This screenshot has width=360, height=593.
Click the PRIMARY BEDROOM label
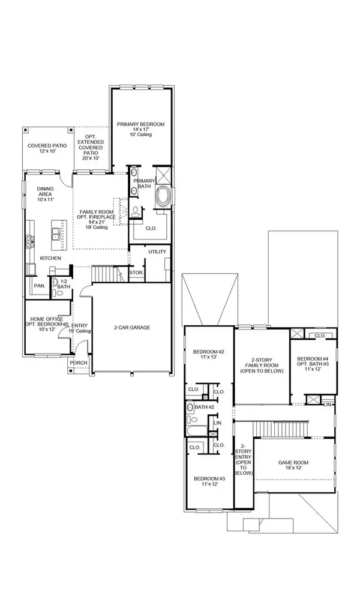[x=140, y=124]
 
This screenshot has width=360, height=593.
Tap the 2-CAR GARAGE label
[x=132, y=327]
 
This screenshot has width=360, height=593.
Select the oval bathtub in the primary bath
[x=163, y=196]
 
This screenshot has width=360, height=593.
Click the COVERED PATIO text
[x=45, y=145]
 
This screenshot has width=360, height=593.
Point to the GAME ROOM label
[x=294, y=463]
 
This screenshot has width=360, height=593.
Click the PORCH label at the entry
[x=78, y=363]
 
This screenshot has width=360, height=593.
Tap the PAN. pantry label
[x=39, y=286]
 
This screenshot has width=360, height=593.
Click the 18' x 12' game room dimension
[x=294, y=470]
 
